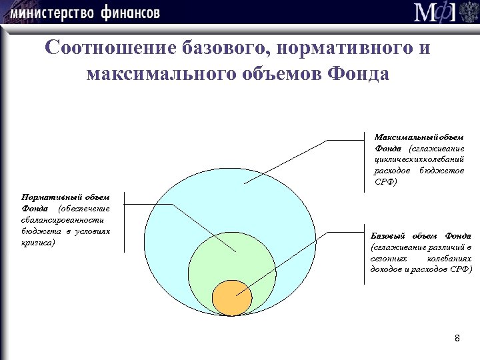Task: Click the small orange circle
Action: tap(231, 297)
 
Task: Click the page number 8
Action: tap(457, 338)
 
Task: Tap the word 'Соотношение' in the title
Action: tap(108, 49)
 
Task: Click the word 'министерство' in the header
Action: tap(52, 13)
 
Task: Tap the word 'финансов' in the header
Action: tap(131, 13)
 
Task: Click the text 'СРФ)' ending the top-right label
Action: tap(385, 181)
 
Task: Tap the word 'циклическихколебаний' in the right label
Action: tap(419, 159)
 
